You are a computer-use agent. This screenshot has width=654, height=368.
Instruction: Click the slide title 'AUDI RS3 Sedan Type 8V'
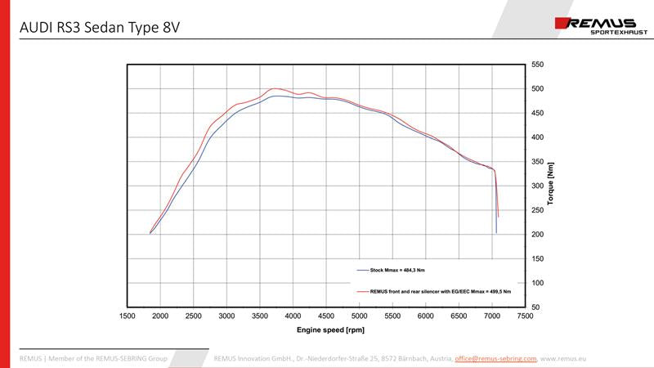coord(100,28)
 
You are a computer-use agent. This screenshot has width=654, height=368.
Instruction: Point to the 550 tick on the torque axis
coord(537,65)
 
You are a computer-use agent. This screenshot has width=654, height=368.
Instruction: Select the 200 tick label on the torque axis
coord(537,235)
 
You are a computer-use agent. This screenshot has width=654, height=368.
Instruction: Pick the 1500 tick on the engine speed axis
coord(128,316)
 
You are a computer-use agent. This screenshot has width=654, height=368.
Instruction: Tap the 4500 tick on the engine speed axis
coord(326,316)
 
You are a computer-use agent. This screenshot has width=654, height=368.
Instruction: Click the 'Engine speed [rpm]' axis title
coord(326,330)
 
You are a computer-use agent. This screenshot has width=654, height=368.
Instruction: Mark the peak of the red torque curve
coord(275,88)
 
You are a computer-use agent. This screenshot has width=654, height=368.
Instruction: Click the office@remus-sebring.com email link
coord(495,358)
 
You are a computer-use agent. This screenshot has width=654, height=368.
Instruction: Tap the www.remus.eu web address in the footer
coord(564,358)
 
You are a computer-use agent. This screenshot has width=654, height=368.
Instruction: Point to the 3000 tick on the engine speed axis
coord(226,316)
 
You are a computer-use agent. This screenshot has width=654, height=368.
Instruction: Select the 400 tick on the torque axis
coord(537,137)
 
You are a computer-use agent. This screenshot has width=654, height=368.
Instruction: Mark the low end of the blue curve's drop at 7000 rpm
coord(496,233)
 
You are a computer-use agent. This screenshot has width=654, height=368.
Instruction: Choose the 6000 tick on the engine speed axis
coord(425,316)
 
